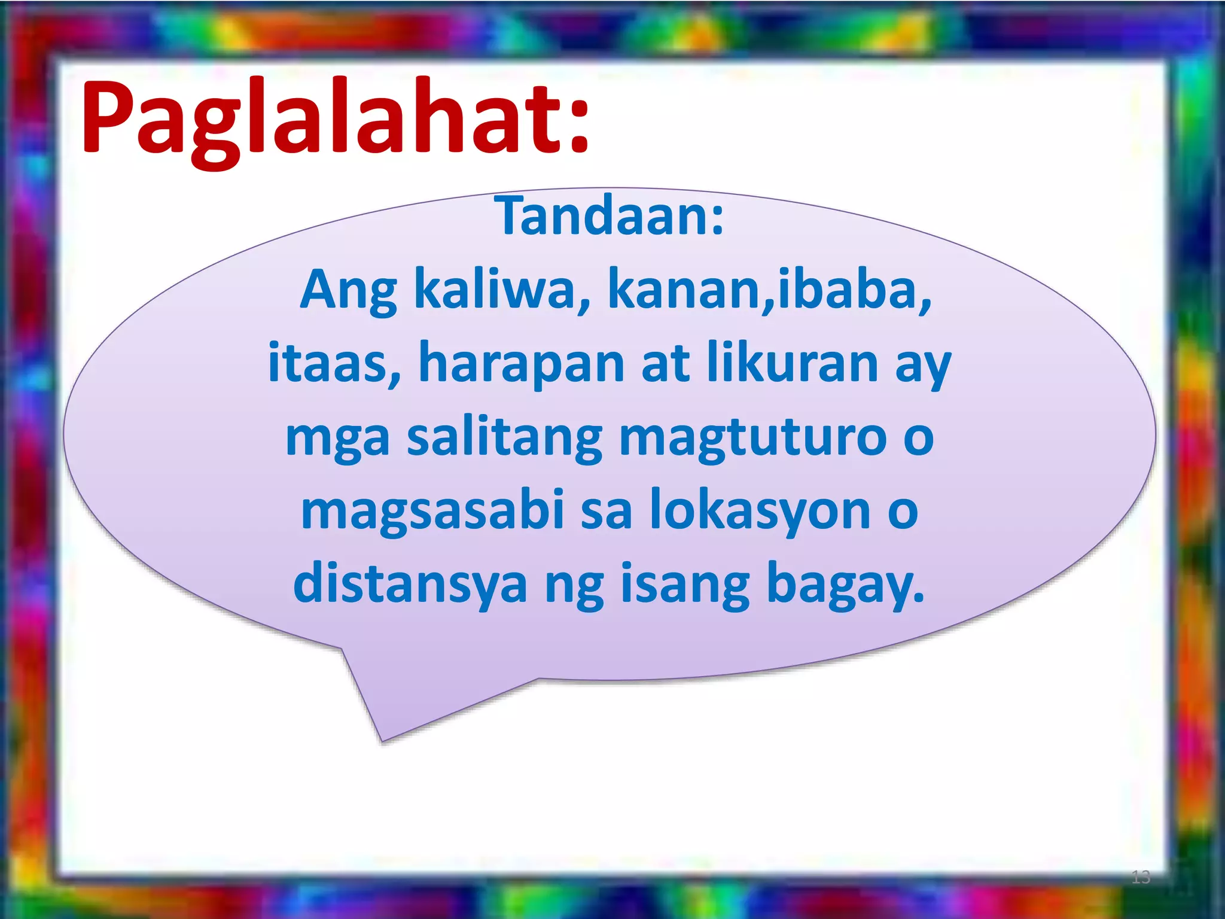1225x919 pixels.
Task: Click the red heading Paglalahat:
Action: (335, 120)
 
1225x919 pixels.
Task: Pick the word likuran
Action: (792, 363)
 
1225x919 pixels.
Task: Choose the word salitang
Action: (504, 439)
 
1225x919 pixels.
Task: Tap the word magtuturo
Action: (752, 439)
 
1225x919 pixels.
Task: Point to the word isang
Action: (685, 585)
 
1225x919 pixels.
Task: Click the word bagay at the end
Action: (845, 585)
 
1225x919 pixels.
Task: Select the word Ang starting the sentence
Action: (348, 291)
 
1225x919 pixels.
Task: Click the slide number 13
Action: (1140, 877)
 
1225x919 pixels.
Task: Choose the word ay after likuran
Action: (922, 366)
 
